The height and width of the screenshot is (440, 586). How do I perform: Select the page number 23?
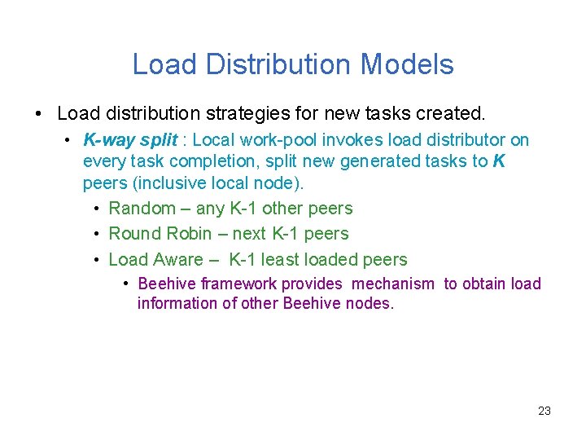click(x=544, y=411)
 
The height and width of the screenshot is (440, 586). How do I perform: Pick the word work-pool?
click(x=278, y=140)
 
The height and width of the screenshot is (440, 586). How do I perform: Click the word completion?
click(x=198, y=161)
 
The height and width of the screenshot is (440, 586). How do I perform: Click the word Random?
click(x=142, y=209)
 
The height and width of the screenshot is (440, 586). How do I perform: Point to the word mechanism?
click(x=395, y=284)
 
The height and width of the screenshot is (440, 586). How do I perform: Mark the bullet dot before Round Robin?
click(x=96, y=234)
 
